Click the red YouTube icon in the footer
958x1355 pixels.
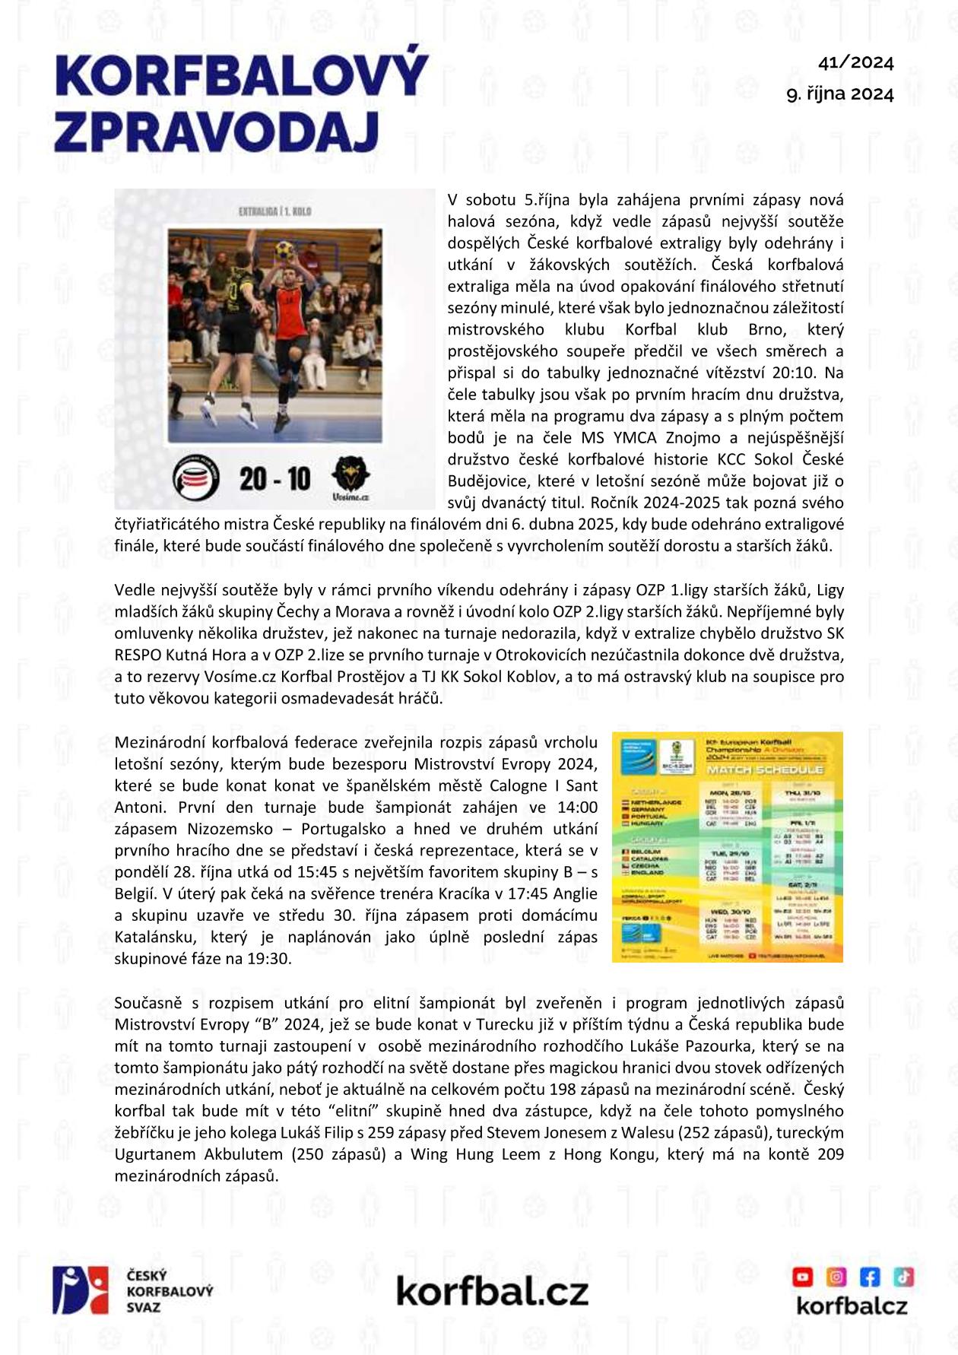(803, 1276)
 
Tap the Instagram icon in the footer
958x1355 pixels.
(836, 1276)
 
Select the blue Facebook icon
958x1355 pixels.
(870, 1276)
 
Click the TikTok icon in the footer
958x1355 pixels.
(903, 1276)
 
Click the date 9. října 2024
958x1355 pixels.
(839, 94)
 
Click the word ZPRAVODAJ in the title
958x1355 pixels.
(217, 130)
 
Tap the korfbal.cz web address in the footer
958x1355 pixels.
(492, 1291)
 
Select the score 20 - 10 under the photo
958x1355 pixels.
(274, 478)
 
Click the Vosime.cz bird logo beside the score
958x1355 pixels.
(351, 477)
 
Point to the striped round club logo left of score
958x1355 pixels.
(196, 477)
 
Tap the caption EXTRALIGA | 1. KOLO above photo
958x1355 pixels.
(274, 211)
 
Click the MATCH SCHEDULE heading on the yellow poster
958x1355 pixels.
(766, 770)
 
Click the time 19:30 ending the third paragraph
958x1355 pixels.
(269, 958)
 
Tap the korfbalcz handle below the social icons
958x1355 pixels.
(852, 1306)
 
